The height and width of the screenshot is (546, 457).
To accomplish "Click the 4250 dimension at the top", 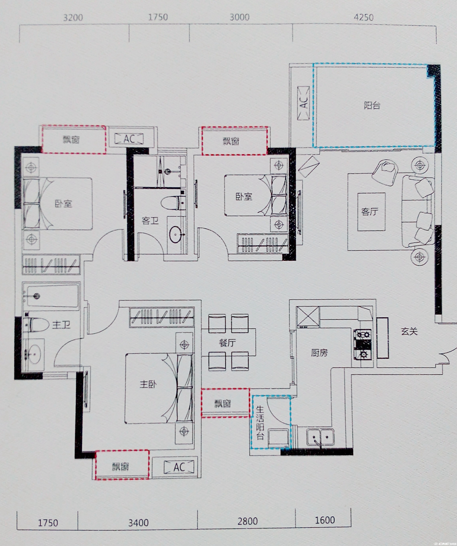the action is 364,17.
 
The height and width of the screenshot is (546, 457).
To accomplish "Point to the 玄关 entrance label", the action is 409,331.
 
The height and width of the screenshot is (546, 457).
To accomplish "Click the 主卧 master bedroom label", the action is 148,384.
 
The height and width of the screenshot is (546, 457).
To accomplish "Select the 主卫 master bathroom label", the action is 61,324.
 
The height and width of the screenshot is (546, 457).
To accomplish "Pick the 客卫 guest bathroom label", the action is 150,221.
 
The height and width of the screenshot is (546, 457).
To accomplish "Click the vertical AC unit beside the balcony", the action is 303,103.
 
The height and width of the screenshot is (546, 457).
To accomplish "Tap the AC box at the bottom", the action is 179,467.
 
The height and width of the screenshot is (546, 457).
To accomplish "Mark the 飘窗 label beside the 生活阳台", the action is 223,404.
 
